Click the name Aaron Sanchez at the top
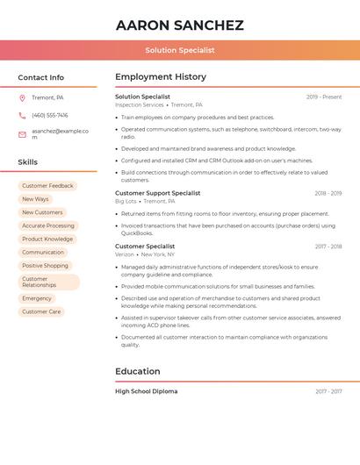[x=179, y=25]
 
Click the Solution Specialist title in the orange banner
[x=180, y=50]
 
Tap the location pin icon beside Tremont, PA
[x=22, y=97]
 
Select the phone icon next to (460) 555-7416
[x=22, y=115]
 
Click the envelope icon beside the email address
[x=22, y=134]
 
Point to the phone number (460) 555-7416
[x=50, y=115]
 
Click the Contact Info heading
[x=41, y=77]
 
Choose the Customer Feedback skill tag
[x=47, y=186]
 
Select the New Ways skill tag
[x=35, y=199]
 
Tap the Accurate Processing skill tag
[x=47, y=225]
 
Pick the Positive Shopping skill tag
[x=45, y=266]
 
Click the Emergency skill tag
[x=37, y=298]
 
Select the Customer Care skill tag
[x=41, y=311]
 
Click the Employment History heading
[x=161, y=77]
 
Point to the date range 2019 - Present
[x=324, y=97]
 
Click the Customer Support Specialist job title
[x=157, y=193]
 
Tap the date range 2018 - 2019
[x=328, y=193]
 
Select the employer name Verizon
[x=125, y=254]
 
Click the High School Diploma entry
[x=146, y=391]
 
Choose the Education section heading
[x=138, y=371]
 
